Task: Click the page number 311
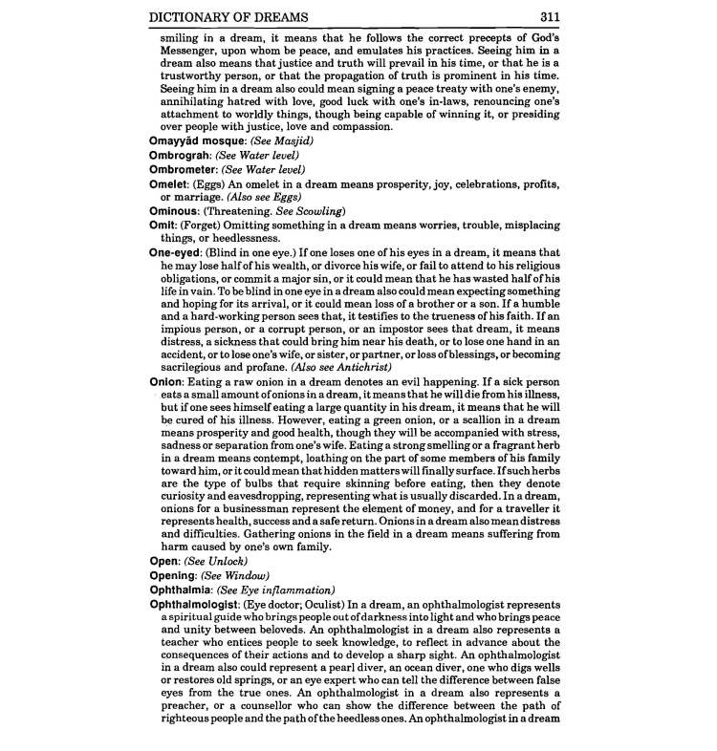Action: click(549, 16)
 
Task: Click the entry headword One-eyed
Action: click(175, 252)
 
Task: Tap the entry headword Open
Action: click(163, 561)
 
